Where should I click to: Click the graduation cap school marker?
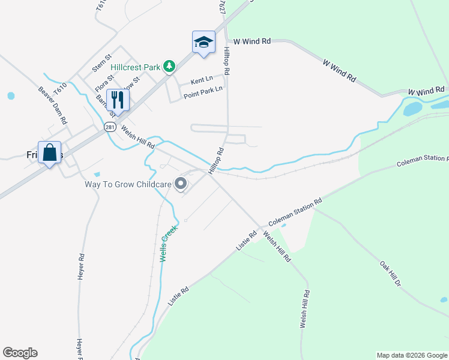(x=203, y=42)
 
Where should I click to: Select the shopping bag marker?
(x=49, y=152)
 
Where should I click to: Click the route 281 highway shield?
(x=109, y=127)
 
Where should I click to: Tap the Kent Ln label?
(x=202, y=80)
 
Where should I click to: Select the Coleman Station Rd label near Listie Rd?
(x=295, y=212)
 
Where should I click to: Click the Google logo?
(x=20, y=353)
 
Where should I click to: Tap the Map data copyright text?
(x=412, y=355)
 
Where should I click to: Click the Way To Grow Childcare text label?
(x=127, y=184)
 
